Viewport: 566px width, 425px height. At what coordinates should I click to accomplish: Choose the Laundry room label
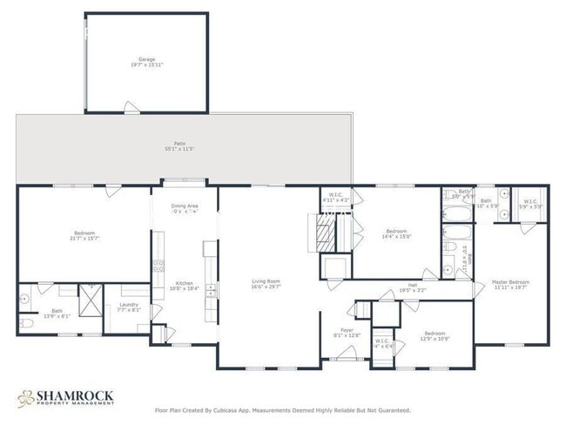click(x=129, y=307)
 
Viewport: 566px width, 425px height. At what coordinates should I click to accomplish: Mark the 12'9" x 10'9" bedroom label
click(x=435, y=335)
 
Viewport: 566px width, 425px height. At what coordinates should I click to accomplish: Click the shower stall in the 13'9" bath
click(x=89, y=300)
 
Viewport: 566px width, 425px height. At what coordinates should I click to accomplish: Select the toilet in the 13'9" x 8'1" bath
click(x=25, y=323)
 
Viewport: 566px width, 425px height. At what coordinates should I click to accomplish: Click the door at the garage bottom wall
click(x=130, y=108)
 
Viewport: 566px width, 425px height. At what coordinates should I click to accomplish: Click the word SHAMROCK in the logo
click(x=74, y=395)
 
